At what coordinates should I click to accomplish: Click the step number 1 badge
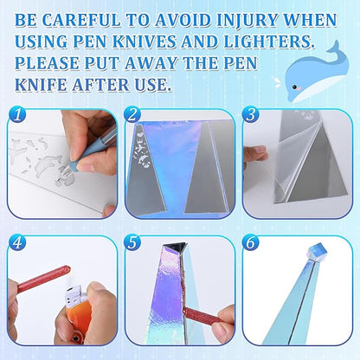tap(17, 114)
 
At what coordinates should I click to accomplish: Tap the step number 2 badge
tap(132, 114)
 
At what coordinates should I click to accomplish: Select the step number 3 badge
tap(251, 114)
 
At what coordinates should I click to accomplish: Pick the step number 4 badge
tap(17, 242)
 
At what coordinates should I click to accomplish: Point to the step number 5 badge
tap(132, 242)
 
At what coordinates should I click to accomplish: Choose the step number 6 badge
tap(251, 242)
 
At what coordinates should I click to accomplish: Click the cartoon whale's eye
tap(294, 87)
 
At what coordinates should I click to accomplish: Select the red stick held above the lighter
tap(42, 279)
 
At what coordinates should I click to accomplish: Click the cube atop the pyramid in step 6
tap(316, 253)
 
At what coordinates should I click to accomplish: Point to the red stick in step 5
tap(202, 315)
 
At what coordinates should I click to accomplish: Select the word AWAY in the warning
tap(151, 63)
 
